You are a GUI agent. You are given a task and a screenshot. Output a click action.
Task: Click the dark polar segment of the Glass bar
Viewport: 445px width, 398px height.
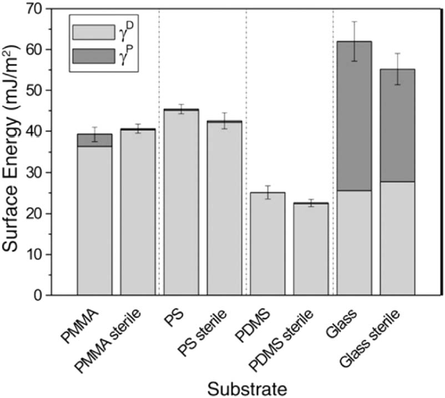pos(354,116)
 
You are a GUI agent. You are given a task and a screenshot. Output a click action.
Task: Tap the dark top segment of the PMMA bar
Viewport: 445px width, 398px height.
pos(94,140)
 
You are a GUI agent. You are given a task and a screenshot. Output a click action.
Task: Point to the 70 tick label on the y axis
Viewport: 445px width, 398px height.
pos(49,9)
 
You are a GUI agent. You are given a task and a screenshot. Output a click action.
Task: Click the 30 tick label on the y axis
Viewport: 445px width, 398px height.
pos(49,173)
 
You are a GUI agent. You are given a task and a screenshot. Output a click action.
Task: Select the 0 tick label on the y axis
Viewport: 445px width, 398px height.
pos(53,296)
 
